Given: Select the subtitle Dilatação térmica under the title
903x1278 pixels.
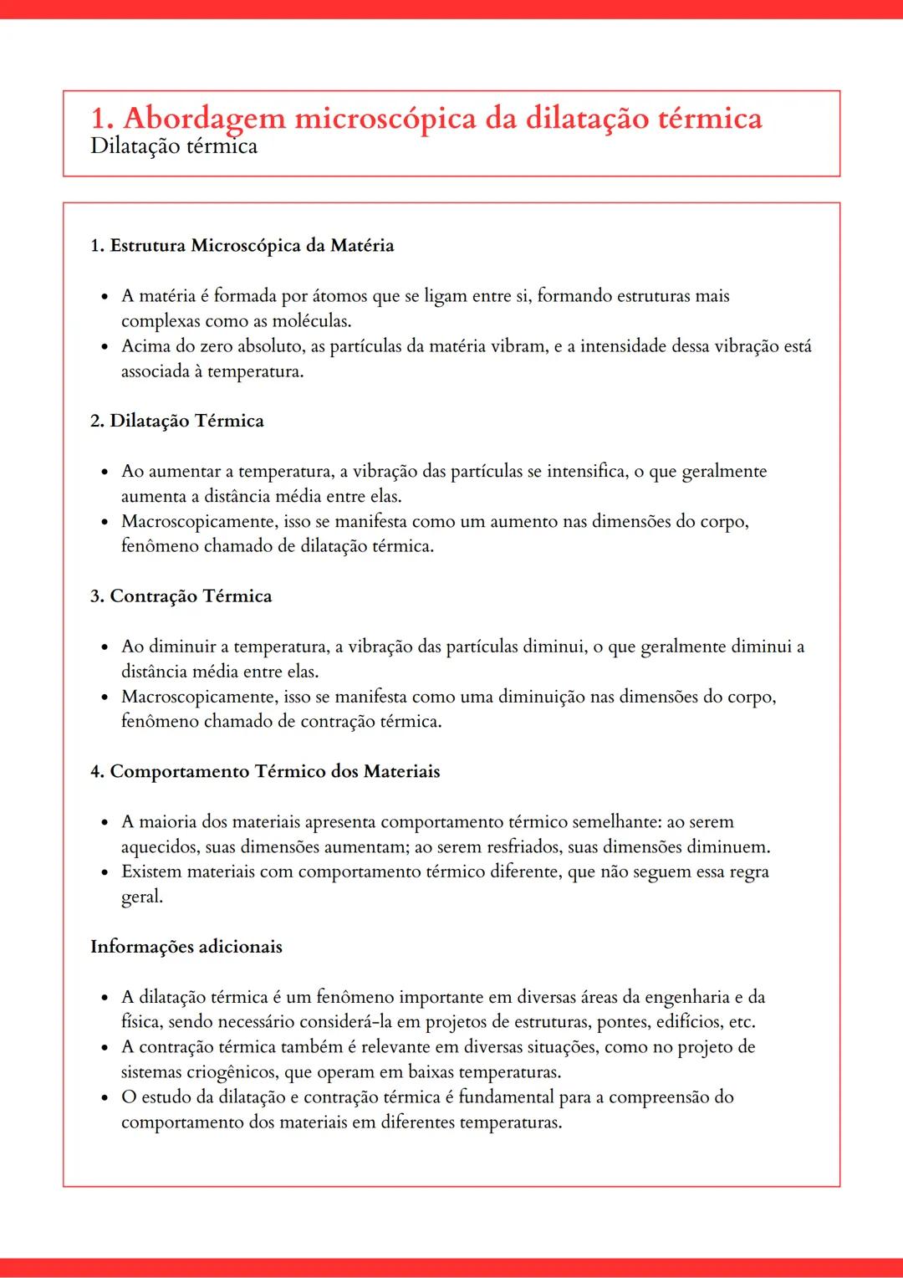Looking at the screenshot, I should pos(173,146).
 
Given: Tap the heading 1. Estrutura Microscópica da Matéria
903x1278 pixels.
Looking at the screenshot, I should pos(242,246).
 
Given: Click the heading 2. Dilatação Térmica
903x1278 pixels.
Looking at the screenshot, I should pos(176,421).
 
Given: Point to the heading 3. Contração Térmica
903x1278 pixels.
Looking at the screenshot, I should pos(181,596).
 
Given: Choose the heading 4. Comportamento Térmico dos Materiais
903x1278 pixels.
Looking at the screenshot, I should pos(264,771).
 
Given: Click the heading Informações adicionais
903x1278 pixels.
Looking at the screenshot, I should pos(186,947).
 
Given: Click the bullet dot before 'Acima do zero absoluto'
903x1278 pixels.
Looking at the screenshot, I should pos(105,347).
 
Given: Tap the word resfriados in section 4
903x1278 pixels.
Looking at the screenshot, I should pos(503,847).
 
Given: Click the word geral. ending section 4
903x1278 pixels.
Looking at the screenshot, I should pos(141,897).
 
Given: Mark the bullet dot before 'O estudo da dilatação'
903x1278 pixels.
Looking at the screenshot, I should pos(105,1098).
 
